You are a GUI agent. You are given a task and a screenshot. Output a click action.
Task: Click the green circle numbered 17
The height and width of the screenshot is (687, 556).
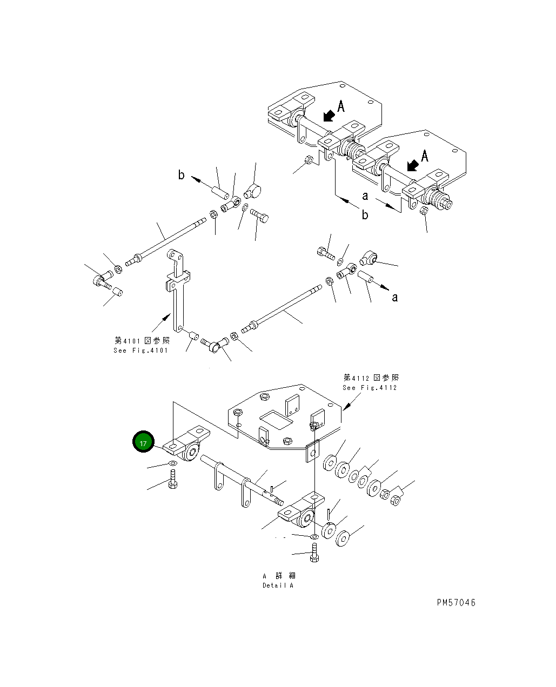[x=143, y=443]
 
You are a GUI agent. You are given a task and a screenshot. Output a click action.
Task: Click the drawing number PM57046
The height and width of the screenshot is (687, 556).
[x=456, y=602]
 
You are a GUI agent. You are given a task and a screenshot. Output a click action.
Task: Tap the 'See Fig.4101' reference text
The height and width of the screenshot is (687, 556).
[x=141, y=351]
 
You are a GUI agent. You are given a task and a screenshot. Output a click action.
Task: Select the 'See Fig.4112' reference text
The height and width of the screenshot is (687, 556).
[x=370, y=388]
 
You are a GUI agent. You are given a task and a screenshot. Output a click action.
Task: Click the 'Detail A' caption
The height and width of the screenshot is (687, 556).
[x=278, y=585]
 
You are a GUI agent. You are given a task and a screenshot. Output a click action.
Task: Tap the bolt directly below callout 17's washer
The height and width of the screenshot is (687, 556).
[x=172, y=479]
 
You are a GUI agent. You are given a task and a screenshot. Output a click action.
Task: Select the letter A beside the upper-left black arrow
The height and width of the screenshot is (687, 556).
[x=341, y=106]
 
